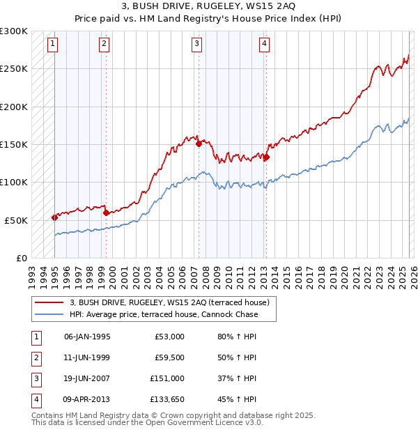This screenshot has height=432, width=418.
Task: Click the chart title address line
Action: click(208, 7)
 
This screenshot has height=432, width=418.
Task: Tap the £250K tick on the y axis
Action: click(14, 69)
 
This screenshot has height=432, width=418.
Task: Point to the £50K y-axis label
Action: click(16, 220)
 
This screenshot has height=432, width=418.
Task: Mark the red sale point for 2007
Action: click(199, 144)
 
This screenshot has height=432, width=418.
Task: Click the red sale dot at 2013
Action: click(266, 157)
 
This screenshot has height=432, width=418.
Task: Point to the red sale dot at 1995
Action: click(54, 217)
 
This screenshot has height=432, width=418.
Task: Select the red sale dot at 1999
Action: click(106, 213)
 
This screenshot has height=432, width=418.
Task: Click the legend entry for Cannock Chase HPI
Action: click(163, 314)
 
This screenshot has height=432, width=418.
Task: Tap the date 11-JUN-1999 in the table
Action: click(87, 357)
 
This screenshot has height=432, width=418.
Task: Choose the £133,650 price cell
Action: click(167, 399)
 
